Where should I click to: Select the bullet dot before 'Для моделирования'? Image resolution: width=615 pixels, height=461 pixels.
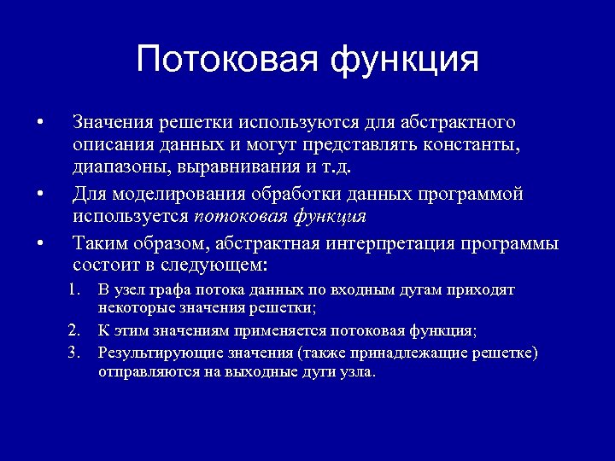point(40,194)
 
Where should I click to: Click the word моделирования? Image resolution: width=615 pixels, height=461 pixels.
point(177,194)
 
